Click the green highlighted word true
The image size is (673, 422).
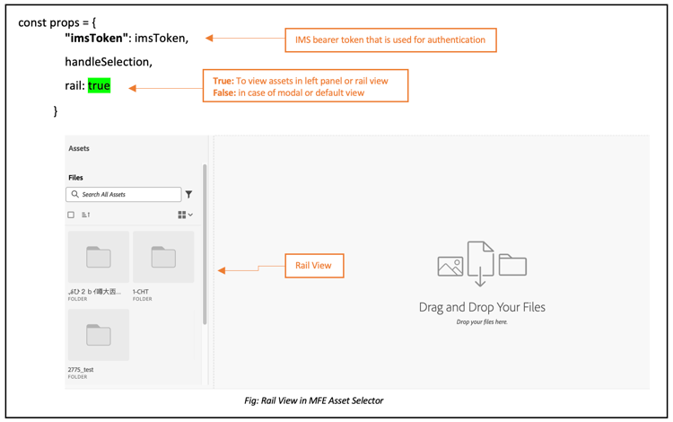[99, 86]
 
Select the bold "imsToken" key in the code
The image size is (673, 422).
[98, 39]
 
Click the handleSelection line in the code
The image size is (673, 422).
[108, 62]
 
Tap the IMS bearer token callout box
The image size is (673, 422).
[390, 40]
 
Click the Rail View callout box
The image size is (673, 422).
[313, 266]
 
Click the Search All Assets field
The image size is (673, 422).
[124, 194]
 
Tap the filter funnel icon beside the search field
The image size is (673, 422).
[188, 194]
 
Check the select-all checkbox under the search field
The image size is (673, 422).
[71, 215]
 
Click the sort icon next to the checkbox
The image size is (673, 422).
[86, 215]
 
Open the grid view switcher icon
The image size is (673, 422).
[184, 215]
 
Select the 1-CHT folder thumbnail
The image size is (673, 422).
[163, 258]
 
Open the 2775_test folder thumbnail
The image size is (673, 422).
[99, 336]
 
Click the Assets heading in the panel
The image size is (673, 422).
[79, 148]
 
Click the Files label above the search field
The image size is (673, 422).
[76, 178]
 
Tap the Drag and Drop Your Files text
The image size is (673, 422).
[482, 307]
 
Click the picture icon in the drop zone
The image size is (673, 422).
[450, 266]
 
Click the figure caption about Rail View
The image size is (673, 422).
[313, 400]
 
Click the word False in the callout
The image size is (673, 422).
[224, 92]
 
